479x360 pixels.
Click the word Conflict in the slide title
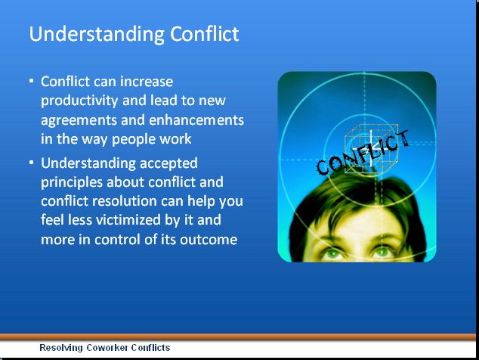(x=204, y=35)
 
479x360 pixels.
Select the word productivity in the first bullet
(x=79, y=101)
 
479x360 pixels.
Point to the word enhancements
(x=199, y=120)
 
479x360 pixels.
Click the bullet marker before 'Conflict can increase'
(x=32, y=81)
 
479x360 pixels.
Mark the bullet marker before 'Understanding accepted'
(x=32, y=163)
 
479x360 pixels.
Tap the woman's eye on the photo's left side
(x=333, y=253)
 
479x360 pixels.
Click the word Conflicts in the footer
(x=152, y=348)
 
